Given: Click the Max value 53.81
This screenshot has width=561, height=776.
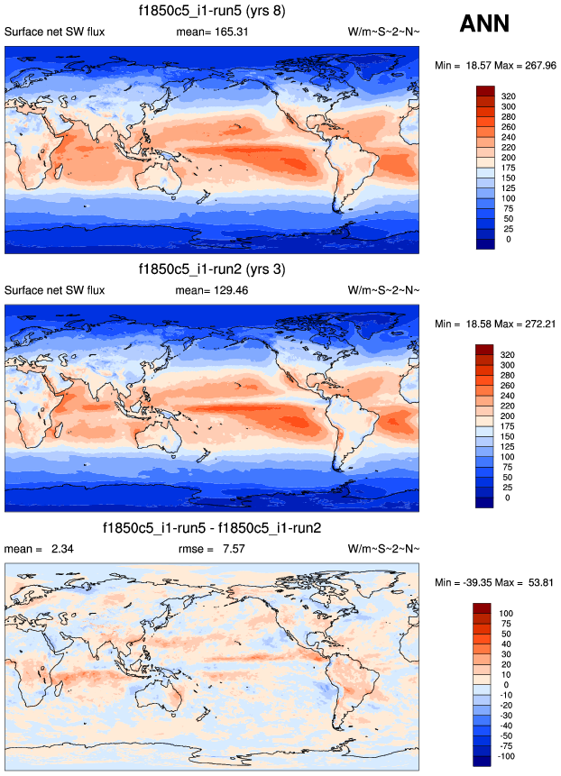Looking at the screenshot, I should coord(535,583).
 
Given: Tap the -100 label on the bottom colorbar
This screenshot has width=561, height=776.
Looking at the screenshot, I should coord(507,756).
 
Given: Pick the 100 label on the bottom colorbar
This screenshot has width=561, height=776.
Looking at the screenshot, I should coord(507,612).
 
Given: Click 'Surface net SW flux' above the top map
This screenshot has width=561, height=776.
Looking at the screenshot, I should coord(55,32).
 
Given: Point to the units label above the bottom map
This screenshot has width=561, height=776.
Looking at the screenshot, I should coord(383,549).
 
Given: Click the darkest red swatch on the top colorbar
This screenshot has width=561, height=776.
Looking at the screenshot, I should coord(483,90).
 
